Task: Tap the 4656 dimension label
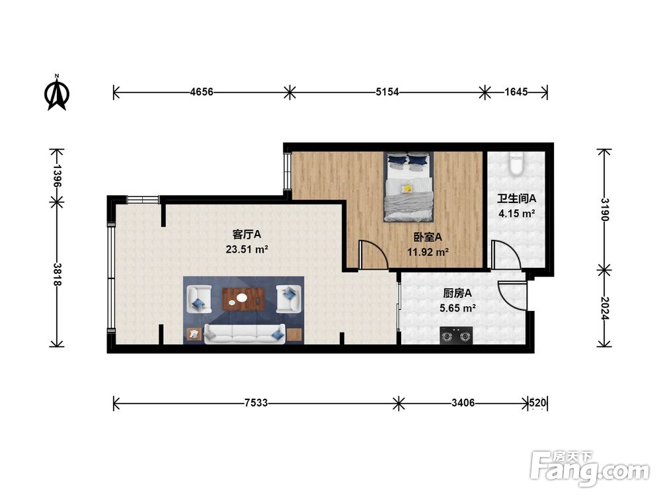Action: click(202, 91)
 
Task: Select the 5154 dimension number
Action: click(387, 91)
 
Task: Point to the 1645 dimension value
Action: click(516, 91)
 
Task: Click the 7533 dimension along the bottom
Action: click(256, 403)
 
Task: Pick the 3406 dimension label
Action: click(463, 403)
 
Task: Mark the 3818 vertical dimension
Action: click(57, 274)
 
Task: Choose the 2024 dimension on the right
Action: click(605, 308)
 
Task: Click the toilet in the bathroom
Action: click(516, 163)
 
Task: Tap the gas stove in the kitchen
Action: click(455, 336)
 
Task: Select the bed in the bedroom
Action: click(408, 186)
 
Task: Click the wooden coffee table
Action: click(244, 299)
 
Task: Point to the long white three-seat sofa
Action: click(245, 334)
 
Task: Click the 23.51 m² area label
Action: click(247, 250)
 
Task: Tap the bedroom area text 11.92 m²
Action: click(428, 252)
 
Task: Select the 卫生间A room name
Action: click(516, 198)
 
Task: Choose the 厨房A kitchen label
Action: click(457, 293)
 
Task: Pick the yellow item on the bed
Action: click(407, 188)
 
